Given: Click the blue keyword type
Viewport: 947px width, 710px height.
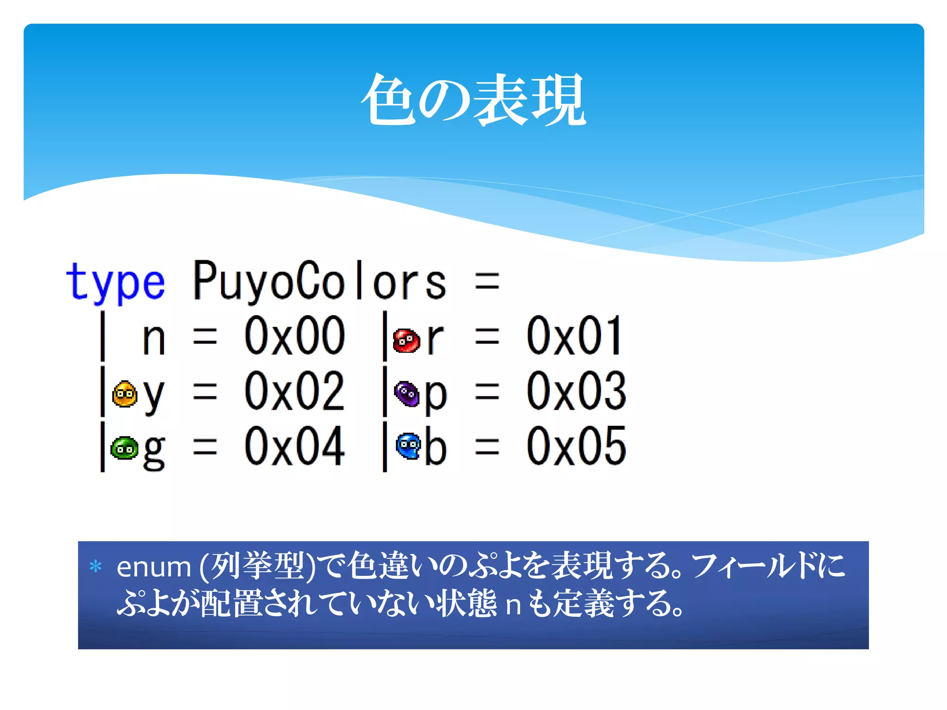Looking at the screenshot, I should coord(115,282).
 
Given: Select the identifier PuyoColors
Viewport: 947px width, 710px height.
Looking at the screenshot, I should coord(320,281).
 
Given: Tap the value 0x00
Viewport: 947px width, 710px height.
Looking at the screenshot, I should coord(295,337).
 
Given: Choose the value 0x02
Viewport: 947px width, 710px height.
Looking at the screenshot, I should coord(295,392).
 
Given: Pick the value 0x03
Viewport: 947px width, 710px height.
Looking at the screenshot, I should coord(576,392).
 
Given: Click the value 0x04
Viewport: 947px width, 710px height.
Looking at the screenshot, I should coord(295,447).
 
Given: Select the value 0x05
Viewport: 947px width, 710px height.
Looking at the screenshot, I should coord(576,447).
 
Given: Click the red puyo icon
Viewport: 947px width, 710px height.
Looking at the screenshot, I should coord(406,341).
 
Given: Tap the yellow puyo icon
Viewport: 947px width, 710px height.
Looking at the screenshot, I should coord(124,394).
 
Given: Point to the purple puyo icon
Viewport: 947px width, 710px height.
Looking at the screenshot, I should coord(407,394).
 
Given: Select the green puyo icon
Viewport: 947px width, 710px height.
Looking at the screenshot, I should coord(124,448).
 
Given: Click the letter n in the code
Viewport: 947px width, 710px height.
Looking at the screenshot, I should coord(154,340).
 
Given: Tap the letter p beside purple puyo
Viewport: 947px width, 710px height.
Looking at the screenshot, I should coord(436,396).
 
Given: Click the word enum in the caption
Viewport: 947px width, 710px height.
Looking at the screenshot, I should coord(154,567).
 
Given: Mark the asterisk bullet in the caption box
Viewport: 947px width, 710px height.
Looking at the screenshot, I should coord(96,566).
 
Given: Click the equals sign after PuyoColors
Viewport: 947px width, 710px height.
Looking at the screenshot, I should coord(487,282).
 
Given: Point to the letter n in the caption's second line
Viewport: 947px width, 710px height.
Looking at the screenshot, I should coord(513,605).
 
